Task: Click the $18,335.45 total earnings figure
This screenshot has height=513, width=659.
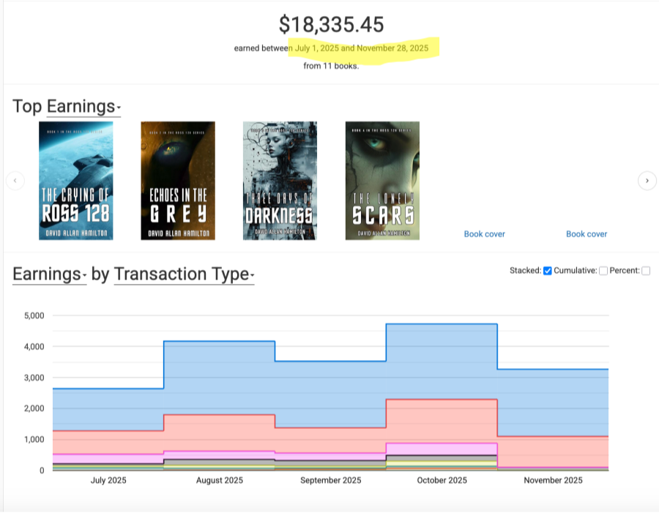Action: click(x=331, y=24)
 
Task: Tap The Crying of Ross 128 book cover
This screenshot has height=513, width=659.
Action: click(x=75, y=181)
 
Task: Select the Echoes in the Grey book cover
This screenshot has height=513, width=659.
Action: click(x=178, y=181)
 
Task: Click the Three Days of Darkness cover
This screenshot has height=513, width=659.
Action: click(x=280, y=181)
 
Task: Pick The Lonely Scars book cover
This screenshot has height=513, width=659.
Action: click(x=382, y=181)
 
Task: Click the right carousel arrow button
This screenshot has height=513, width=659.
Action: click(x=647, y=181)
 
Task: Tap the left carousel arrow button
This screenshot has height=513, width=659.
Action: click(x=15, y=181)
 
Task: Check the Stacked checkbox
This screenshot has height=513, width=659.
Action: click(x=548, y=271)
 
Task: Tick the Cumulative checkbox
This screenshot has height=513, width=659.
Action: click(x=603, y=271)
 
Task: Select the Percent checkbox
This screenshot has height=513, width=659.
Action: click(x=646, y=271)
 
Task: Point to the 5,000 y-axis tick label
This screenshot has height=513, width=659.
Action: click(x=34, y=315)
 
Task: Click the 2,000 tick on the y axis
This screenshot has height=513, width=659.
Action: click(x=34, y=408)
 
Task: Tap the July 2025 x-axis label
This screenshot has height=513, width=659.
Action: click(x=108, y=481)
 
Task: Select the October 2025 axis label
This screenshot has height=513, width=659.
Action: click(x=442, y=481)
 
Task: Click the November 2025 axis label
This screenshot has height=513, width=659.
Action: click(x=553, y=481)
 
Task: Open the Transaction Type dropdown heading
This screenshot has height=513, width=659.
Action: click(x=184, y=274)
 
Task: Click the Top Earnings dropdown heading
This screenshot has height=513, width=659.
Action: click(x=83, y=107)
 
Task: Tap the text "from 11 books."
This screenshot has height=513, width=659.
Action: click(x=331, y=66)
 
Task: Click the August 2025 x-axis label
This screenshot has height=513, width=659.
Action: click(x=220, y=481)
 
